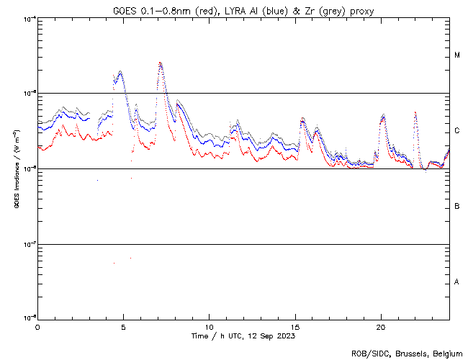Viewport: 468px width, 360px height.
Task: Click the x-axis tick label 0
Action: [37, 326]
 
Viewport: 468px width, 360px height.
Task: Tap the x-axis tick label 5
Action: [123, 326]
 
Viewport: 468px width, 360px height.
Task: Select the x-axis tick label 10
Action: [209, 326]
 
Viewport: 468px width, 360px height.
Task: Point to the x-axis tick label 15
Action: [295, 326]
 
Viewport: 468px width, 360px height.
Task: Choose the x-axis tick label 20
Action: [381, 326]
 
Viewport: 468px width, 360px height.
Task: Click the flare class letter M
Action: [457, 55]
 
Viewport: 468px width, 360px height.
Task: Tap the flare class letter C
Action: [457, 131]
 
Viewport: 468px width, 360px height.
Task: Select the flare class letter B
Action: [457, 207]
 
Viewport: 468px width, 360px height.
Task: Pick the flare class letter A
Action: [457, 282]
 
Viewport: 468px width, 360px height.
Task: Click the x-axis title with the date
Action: [243, 336]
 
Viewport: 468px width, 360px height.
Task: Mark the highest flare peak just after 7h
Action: [161, 63]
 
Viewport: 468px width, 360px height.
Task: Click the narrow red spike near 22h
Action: [415, 112]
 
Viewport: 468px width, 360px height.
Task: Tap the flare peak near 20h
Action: [383, 115]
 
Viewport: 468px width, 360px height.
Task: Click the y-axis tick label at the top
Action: [28, 18]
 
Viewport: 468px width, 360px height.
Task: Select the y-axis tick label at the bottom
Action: [28, 318]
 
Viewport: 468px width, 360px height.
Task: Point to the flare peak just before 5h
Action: [120, 71]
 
